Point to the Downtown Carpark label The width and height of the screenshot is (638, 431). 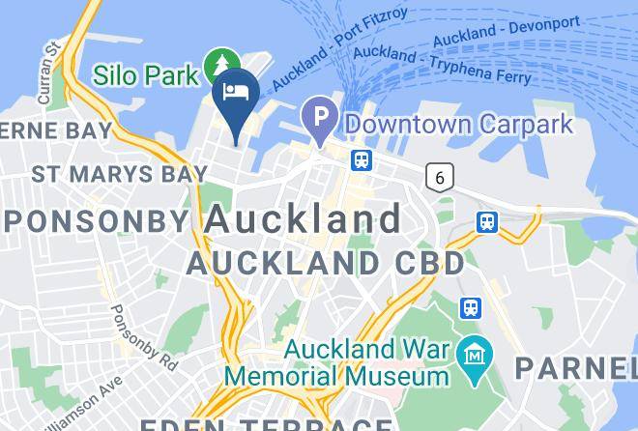click(x=459, y=125)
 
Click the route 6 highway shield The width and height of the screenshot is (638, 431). click(x=441, y=176)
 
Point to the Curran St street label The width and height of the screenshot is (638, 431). click(x=47, y=71)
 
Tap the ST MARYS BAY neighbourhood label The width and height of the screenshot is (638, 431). click(x=119, y=175)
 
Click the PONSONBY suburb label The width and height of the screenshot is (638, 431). click(x=97, y=220)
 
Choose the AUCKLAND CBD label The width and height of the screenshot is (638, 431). click(x=326, y=262)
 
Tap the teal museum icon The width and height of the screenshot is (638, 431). click(x=475, y=350)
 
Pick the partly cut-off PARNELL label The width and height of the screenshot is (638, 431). click(x=574, y=368)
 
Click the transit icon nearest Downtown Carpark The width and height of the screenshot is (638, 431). click(x=362, y=159)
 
